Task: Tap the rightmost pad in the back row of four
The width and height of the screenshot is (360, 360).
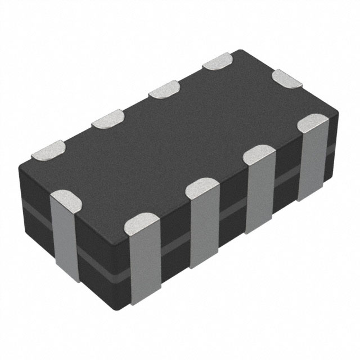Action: [x=218, y=60]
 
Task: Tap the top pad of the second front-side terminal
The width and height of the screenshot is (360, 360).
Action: [x=202, y=188]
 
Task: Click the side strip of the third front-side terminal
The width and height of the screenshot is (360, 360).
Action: [x=260, y=194]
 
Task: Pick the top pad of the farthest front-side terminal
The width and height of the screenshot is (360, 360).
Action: [x=313, y=123]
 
